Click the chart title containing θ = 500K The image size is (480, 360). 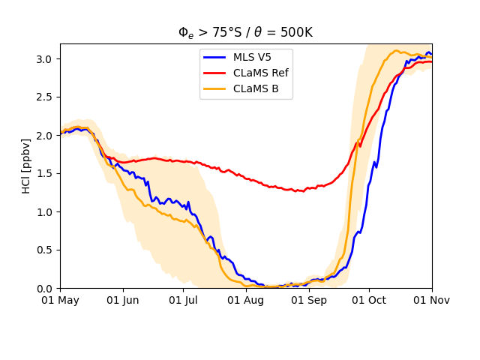coord(245,32)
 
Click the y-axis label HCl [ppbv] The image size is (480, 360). coord(27,166)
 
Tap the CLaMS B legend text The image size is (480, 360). coord(256,88)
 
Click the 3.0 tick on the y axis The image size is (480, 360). coord(46,59)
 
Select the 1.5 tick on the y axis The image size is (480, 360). coord(46,174)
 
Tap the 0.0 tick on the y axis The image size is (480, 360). coord(46,289)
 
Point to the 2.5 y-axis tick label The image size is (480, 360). coord(46,97)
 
